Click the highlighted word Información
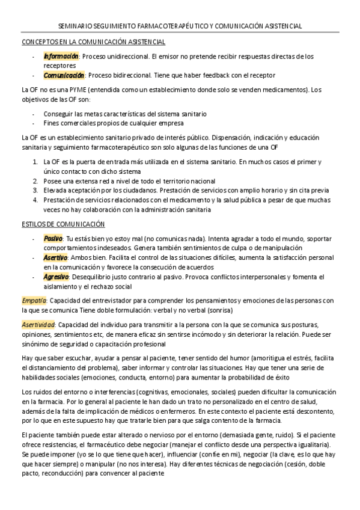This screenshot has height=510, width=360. tap(61, 56)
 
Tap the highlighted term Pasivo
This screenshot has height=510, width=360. tap(53, 238)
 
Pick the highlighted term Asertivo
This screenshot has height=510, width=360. tap(55, 257)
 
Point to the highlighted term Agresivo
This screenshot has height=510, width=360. tap(56, 277)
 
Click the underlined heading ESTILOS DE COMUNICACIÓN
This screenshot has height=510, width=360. tap(63, 224)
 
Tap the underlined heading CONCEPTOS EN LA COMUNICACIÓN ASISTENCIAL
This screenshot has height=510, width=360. tap(93, 41)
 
